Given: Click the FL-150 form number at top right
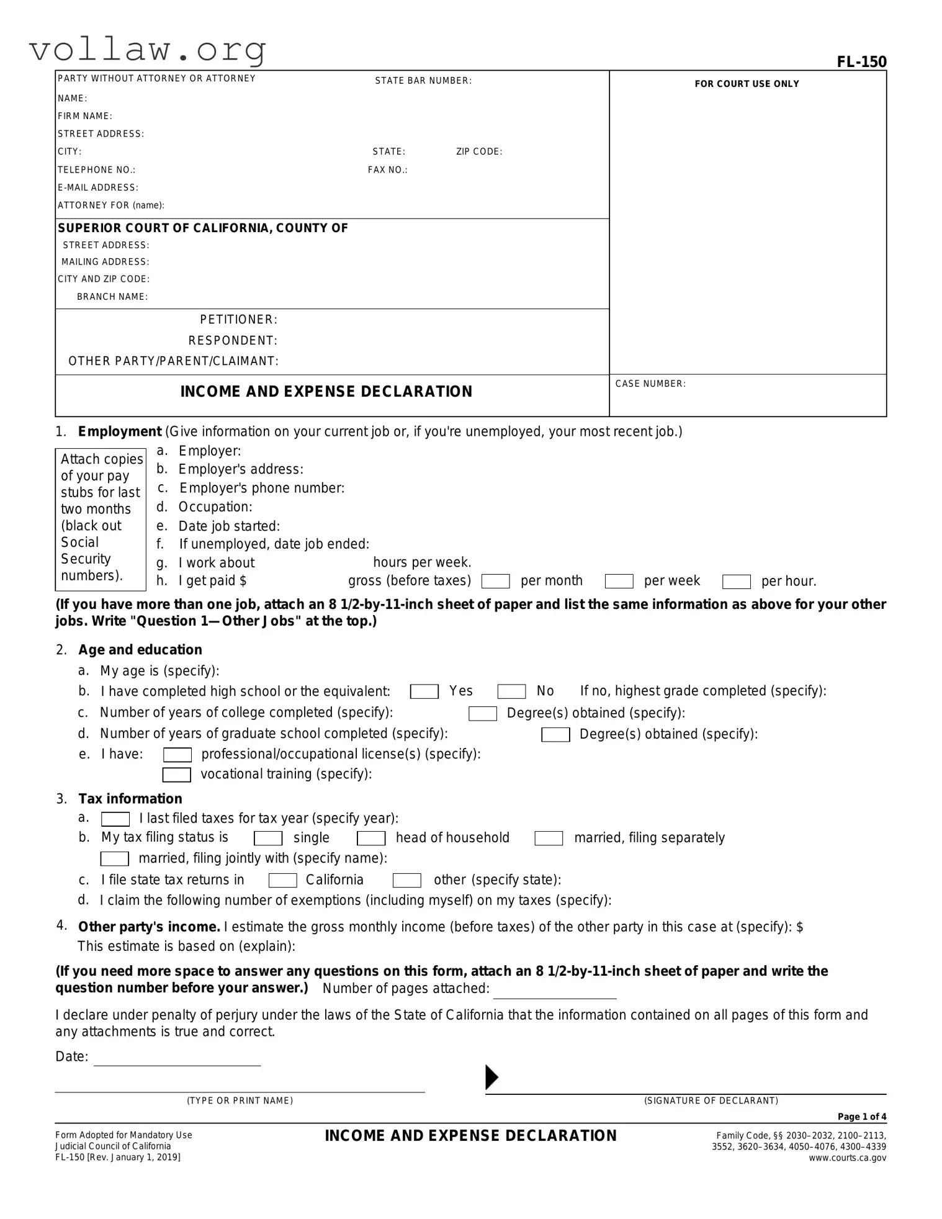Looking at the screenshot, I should coord(861,62).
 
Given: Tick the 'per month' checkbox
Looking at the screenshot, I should coord(495,581).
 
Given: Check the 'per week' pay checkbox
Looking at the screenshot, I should coord(619,581).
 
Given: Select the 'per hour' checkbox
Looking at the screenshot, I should coord(736,582).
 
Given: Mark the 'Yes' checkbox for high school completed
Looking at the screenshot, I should coord(424,691).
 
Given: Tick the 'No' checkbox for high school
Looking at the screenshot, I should coord(511,691).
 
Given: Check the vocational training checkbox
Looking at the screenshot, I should coord(176,775).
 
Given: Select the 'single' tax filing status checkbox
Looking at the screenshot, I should coord(268,839).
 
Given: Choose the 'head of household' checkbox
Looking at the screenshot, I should coord(371,839).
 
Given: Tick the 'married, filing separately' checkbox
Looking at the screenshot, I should coord(549,839).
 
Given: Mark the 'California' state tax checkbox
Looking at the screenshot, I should coord(282,881).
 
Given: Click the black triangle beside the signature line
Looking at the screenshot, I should coord(491,1077).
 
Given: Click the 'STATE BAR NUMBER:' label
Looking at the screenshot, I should coord(423,81).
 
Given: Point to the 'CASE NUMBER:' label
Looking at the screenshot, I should coord(650,384).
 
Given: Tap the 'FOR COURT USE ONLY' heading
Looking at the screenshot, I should coord(747,84).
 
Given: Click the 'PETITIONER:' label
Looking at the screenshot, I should coord(238,320).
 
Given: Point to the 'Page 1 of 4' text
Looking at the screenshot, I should coord(861,1117).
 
